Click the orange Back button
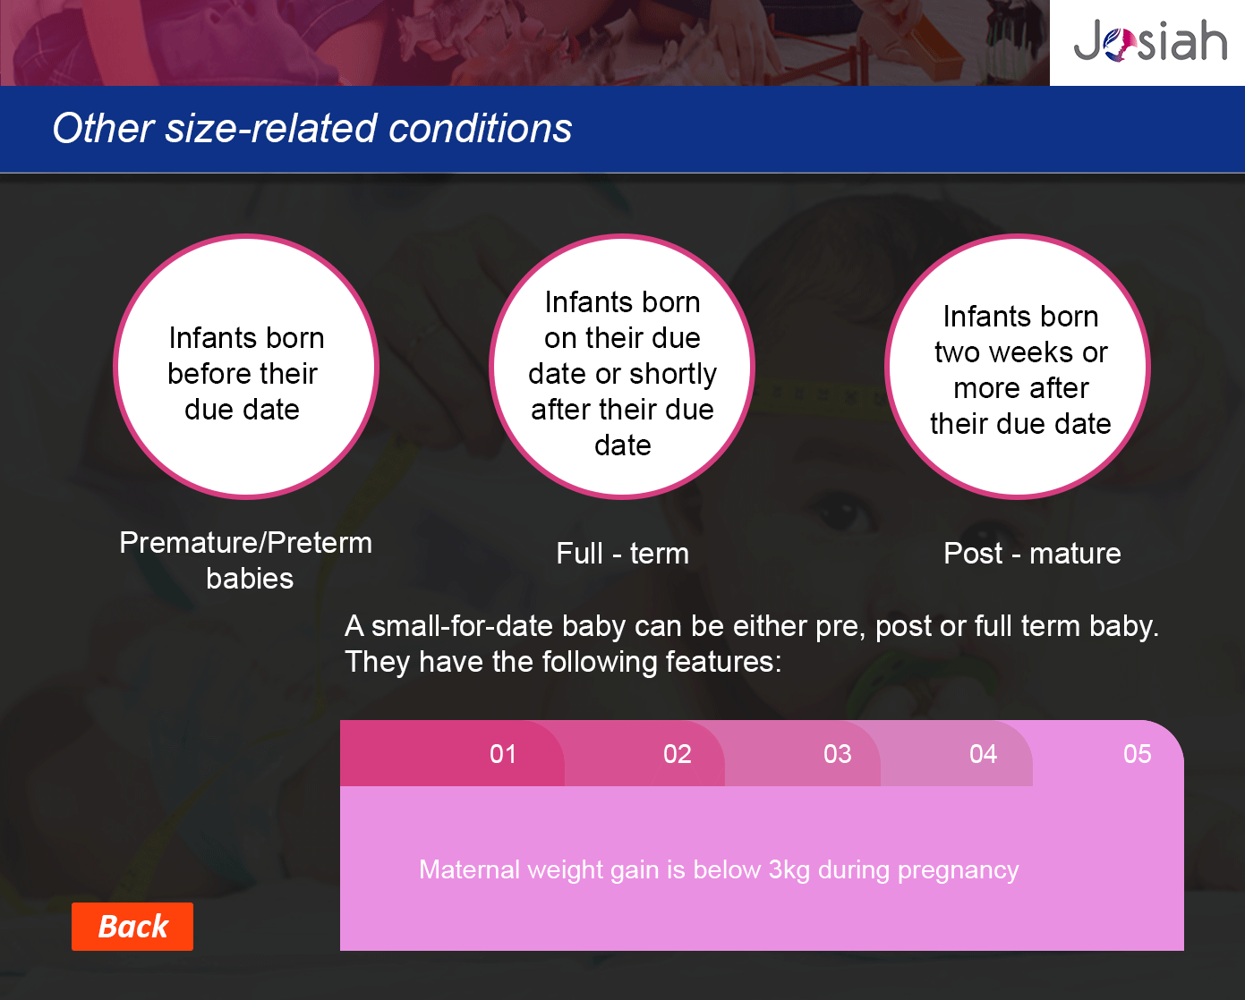pos(132,926)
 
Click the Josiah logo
pos(1150,40)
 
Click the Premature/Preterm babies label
pos(246,560)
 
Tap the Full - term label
pos(623,553)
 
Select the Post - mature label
pos(1032,553)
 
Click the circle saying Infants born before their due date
pos(246,367)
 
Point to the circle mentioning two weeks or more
pos(1018,367)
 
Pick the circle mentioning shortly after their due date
pos(622,367)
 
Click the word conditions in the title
pos(480,128)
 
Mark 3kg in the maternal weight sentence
pos(789,870)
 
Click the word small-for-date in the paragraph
pos(462,626)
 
